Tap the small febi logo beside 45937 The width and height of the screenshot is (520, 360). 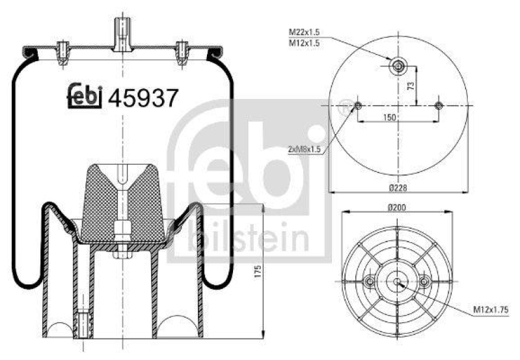[x=85, y=96]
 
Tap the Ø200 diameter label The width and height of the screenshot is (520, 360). [x=397, y=208]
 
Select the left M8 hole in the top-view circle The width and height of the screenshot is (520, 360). [x=357, y=105]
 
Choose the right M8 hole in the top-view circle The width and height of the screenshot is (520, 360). [x=438, y=105]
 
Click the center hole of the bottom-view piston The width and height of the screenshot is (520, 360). [x=397, y=281]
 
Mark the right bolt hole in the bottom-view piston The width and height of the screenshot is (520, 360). [x=424, y=281]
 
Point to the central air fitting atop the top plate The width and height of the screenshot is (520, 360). [x=122, y=33]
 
